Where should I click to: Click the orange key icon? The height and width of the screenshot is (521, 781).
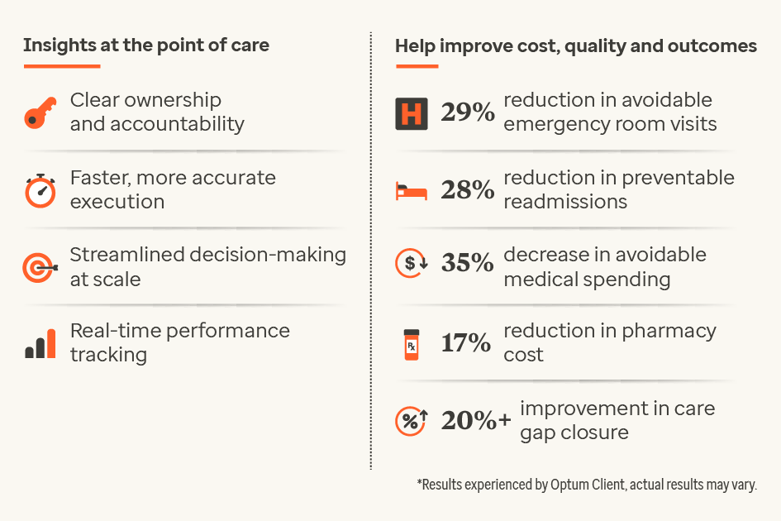pos(40,112)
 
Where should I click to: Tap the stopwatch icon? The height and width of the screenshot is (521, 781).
pos(40,190)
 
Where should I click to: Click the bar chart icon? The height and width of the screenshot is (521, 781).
pos(40,343)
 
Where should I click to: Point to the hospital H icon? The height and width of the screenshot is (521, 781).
pos(411,113)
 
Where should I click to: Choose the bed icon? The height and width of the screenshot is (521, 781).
pos(411,192)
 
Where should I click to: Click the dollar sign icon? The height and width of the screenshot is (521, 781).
pos(411,264)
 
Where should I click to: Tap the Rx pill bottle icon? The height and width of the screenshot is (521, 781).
pos(411,343)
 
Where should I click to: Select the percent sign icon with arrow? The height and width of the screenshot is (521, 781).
pos(411,421)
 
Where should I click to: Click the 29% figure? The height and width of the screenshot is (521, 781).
pos(467,112)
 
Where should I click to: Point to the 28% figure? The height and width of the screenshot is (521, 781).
pos(467,190)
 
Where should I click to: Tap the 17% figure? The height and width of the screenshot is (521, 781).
pos(466,342)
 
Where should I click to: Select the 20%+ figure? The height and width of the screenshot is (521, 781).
pos(475,421)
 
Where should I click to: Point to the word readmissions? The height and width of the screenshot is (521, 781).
pos(565,202)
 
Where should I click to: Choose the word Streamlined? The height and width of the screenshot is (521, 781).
pos(127,254)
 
